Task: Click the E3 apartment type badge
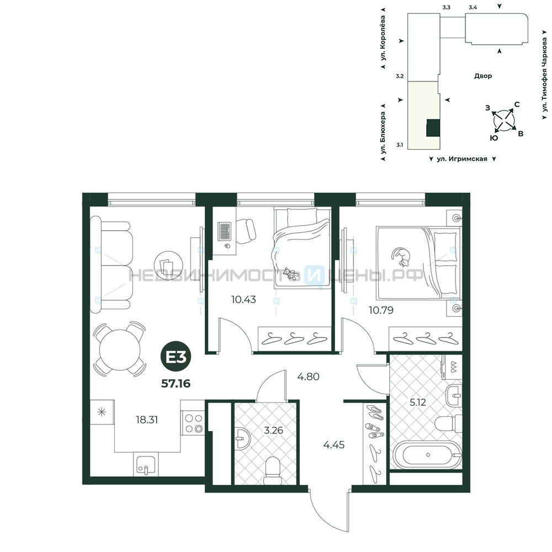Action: (x=176, y=358)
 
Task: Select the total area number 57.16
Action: (x=176, y=384)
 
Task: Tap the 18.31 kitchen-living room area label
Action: (x=147, y=420)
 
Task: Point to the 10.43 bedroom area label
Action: (x=243, y=300)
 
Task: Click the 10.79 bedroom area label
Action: (x=381, y=310)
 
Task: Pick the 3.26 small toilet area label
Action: (x=274, y=430)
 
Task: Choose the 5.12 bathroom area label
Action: (x=418, y=402)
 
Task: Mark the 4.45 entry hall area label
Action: (x=334, y=445)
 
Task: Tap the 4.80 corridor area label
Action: (x=309, y=376)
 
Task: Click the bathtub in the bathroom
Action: (x=427, y=455)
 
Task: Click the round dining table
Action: (x=120, y=349)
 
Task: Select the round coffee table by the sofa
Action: (x=168, y=266)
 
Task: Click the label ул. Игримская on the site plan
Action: (x=462, y=159)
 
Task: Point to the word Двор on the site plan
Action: (x=483, y=76)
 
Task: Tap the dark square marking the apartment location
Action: (x=433, y=128)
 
